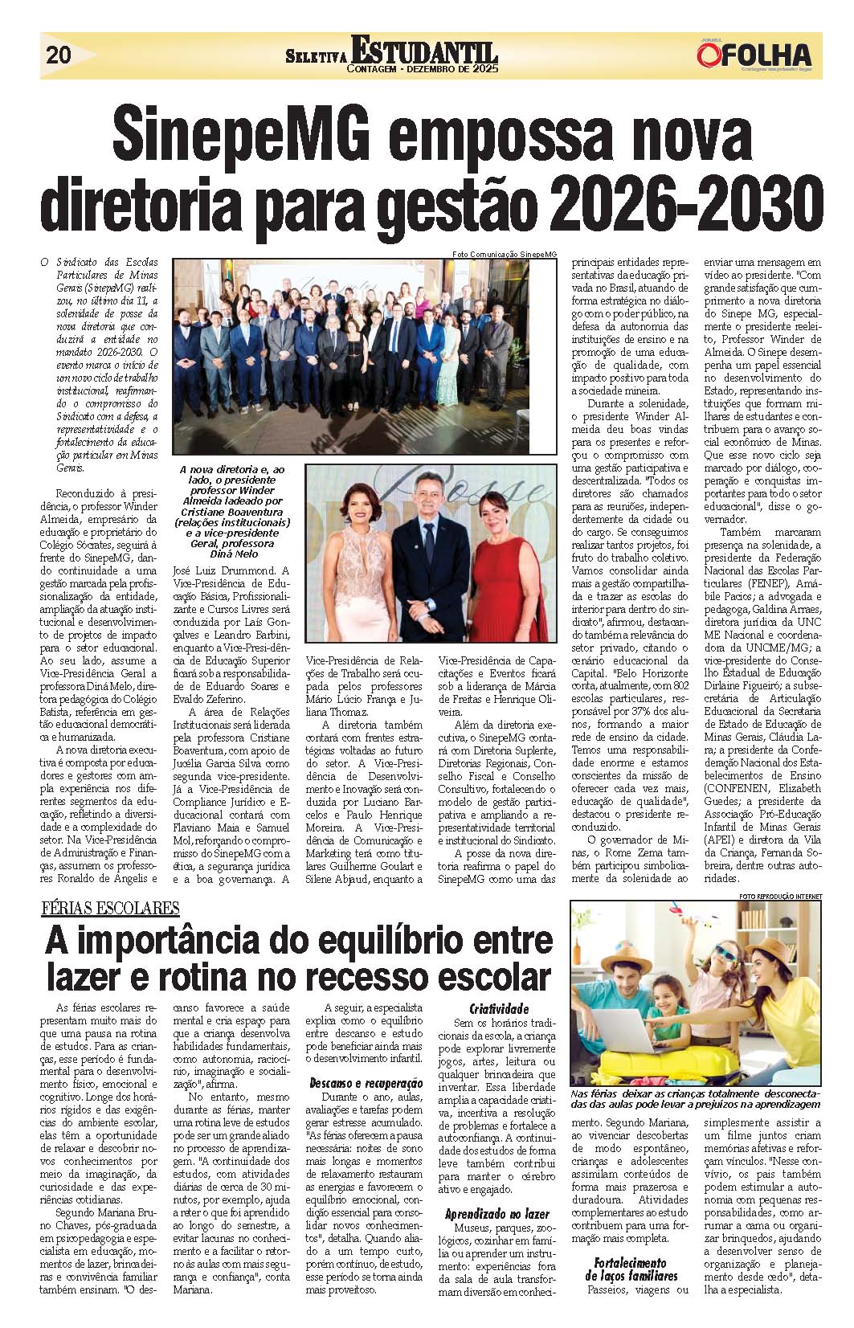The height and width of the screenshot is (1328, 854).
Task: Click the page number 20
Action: click(x=59, y=55)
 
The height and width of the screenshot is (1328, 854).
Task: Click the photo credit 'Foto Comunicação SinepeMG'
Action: click(x=504, y=254)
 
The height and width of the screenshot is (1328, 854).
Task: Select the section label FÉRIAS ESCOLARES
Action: click(x=110, y=908)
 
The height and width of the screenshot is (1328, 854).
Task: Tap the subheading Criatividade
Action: click(x=499, y=1008)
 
